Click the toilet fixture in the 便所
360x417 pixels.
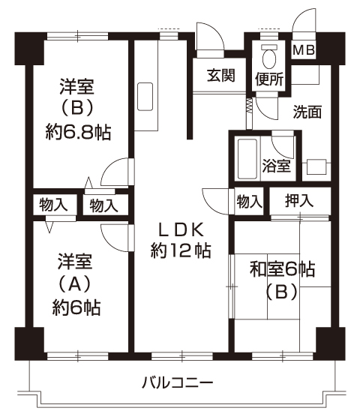[269, 57]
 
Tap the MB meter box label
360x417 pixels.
[304, 50]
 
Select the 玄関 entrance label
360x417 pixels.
[221, 75]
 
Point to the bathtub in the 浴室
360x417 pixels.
[247, 159]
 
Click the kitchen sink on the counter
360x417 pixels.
[145, 97]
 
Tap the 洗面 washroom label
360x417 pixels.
[307, 112]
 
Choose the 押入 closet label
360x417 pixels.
[299, 200]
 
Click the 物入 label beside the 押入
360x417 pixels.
[250, 201]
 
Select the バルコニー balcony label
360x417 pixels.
[177, 383]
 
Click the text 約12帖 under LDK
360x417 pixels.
[181, 250]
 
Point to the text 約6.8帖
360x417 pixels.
[78, 132]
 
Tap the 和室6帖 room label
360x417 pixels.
[282, 269]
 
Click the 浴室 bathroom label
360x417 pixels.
[276, 166]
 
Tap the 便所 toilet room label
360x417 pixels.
[269, 79]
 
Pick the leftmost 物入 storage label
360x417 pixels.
[53, 205]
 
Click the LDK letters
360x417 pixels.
[181, 229]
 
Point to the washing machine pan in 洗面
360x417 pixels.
[316, 167]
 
